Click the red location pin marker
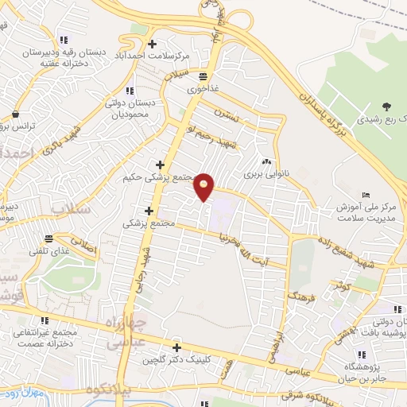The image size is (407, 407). tap(205, 186)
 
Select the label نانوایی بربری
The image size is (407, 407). tap(263, 172)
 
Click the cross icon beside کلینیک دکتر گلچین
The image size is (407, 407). tap(176, 347)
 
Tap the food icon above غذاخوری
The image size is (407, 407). tap(203, 76)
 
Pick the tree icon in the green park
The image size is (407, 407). tap(386, 107)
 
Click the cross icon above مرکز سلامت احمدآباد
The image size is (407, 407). tap(153, 44)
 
